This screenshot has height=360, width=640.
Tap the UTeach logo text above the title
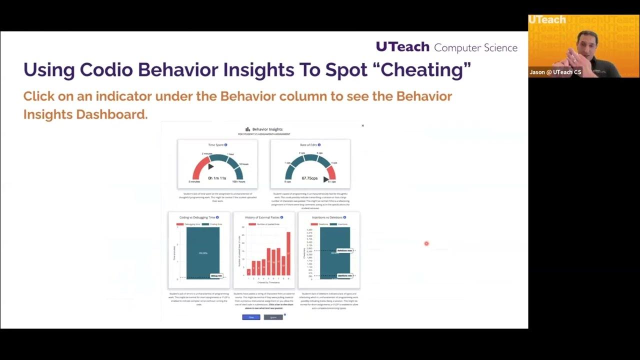pyautogui.click(x=402, y=47)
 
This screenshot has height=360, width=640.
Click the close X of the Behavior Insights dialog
pyautogui.click(x=362, y=125)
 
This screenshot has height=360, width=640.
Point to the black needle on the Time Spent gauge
pyautogui.click(x=210, y=166)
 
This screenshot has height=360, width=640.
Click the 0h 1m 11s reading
pyautogui.click(x=217, y=178)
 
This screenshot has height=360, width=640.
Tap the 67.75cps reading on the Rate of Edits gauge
pyautogui.click(x=310, y=178)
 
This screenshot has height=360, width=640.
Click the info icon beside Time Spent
pyautogui.click(x=226, y=145)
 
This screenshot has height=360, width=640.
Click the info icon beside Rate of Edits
pyautogui.click(x=319, y=145)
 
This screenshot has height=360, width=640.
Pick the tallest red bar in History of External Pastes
pyautogui.click(x=288, y=253)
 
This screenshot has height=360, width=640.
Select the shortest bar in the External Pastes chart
pyautogui.click(x=248, y=272)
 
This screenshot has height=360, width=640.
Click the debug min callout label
pyautogui.click(x=216, y=275)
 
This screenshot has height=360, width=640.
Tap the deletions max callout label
pyautogui.click(x=344, y=250)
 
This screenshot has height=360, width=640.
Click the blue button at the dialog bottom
pyautogui.click(x=251, y=317)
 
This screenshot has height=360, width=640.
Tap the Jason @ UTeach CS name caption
pyautogui.click(x=555, y=72)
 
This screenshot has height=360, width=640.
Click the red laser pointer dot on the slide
pyautogui.click(x=426, y=243)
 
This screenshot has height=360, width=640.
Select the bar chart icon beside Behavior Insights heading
pyautogui.click(x=247, y=129)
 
